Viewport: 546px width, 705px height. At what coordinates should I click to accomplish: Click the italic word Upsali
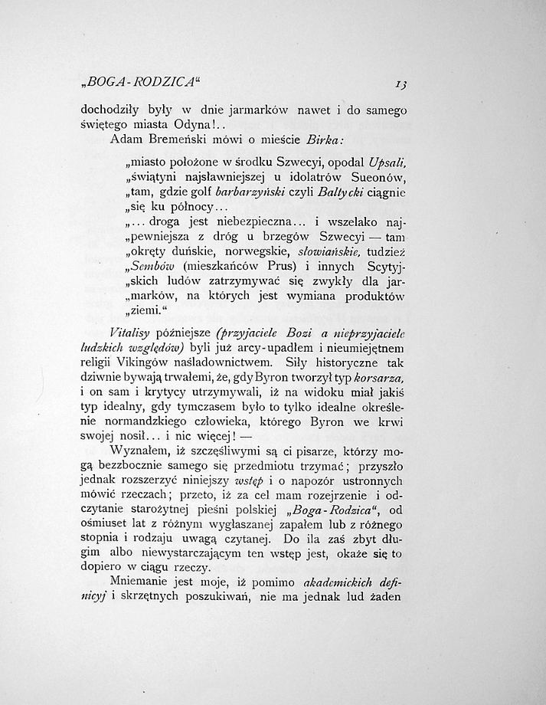(384, 163)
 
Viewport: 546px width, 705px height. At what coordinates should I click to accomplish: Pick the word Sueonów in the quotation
(371, 179)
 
